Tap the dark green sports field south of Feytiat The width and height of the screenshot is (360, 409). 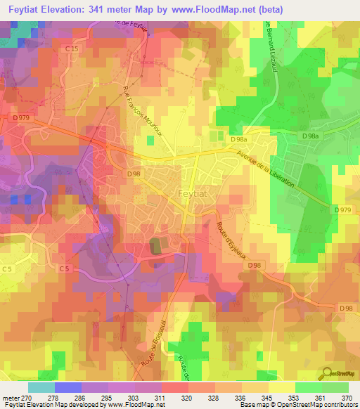click(156, 246)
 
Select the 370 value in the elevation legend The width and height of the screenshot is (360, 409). click(347, 397)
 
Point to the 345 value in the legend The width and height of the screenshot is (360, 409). click(266, 397)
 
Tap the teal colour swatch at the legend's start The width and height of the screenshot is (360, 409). click(41, 387)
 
